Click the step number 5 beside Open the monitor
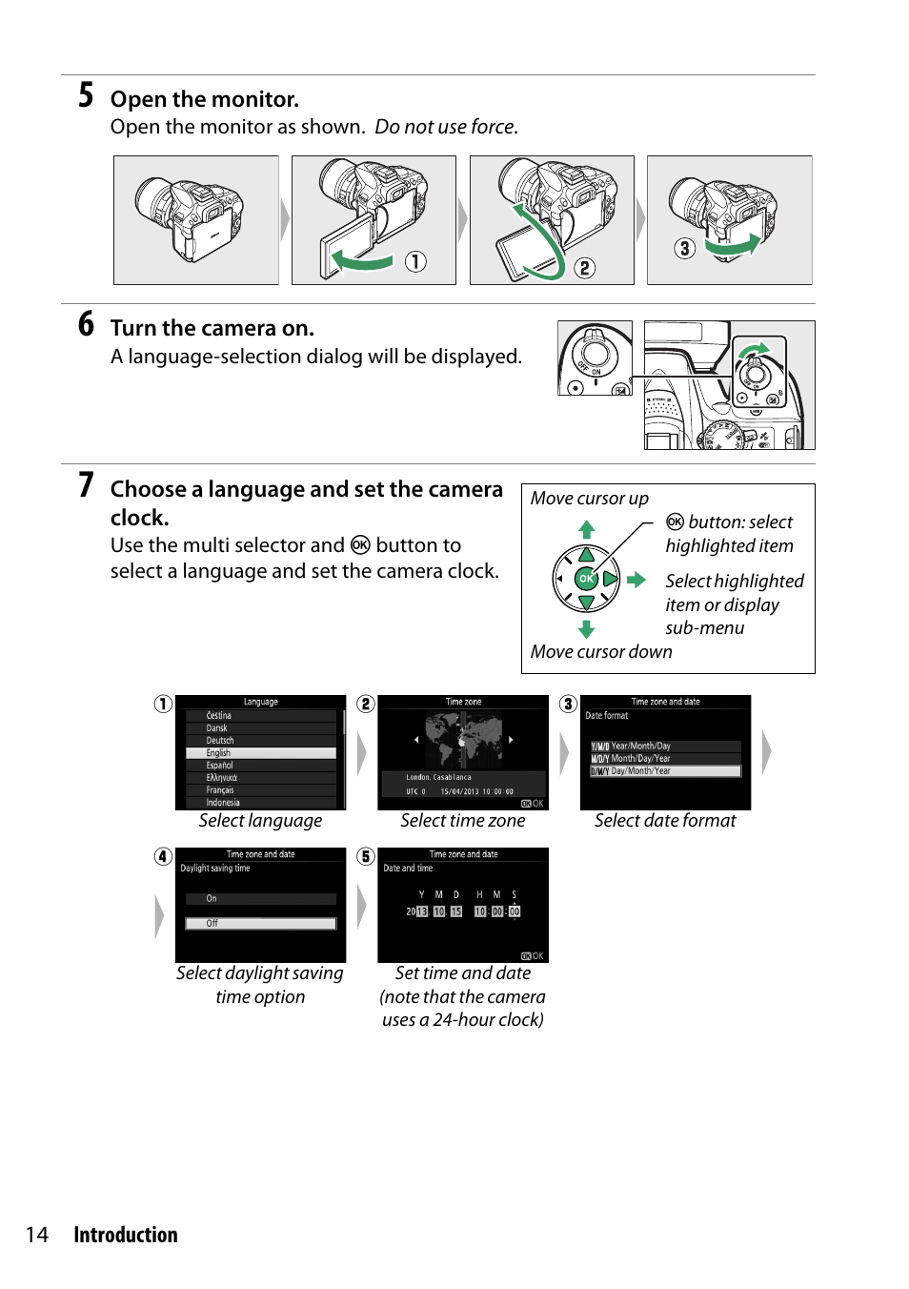click(x=86, y=95)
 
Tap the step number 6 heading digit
click(x=86, y=324)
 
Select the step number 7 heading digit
click(x=86, y=485)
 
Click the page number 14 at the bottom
click(x=37, y=1235)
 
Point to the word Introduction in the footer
click(x=126, y=1235)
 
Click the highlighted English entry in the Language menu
click(x=260, y=753)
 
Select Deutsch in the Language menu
click(x=220, y=741)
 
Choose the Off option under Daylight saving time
click(x=260, y=923)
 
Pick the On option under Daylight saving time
click(x=260, y=898)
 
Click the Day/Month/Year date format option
click(x=665, y=771)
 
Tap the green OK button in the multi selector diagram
click(x=586, y=579)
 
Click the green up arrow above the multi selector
click(x=587, y=528)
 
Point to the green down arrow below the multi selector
click(x=587, y=629)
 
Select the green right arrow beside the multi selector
click(x=636, y=580)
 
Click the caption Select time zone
click(x=463, y=821)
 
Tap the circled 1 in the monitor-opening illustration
click(x=415, y=261)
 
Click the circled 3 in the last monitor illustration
click(x=684, y=249)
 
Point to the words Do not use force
click(x=446, y=127)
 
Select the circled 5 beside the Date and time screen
click(x=366, y=856)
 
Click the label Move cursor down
click(x=601, y=652)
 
